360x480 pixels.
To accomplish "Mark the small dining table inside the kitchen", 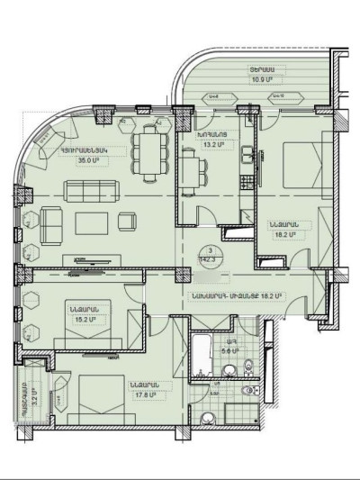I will pyautogui.click(x=189, y=170).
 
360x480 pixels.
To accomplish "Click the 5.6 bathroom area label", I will pyautogui.click(x=232, y=351).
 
